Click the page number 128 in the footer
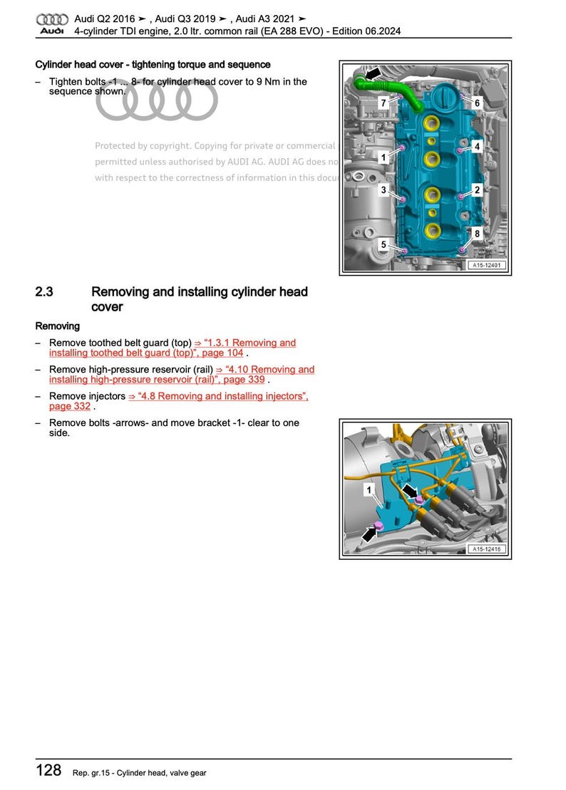pyautogui.click(x=48, y=771)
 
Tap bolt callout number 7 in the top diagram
pyautogui.click(x=384, y=103)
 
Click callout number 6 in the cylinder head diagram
pyautogui.click(x=477, y=103)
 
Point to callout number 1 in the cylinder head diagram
pyautogui.click(x=384, y=157)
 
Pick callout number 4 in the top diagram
pyautogui.click(x=477, y=147)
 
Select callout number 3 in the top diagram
pyautogui.click(x=384, y=190)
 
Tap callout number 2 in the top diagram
pyautogui.click(x=477, y=190)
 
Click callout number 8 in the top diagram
pyautogui.click(x=477, y=233)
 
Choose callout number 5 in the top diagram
pyautogui.click(x=384, y=245)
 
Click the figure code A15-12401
pyautogui.click(x=487, y=266)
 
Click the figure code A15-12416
pyautogui.click(x=487, y=549)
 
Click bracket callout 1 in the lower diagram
pyautogui.click(x=369, y=489)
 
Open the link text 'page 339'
pyautogui.click(x=243, y=380)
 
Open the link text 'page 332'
pyautogui.click(x=70, y=406)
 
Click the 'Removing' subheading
pyautogui.click(x=58, y=326)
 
